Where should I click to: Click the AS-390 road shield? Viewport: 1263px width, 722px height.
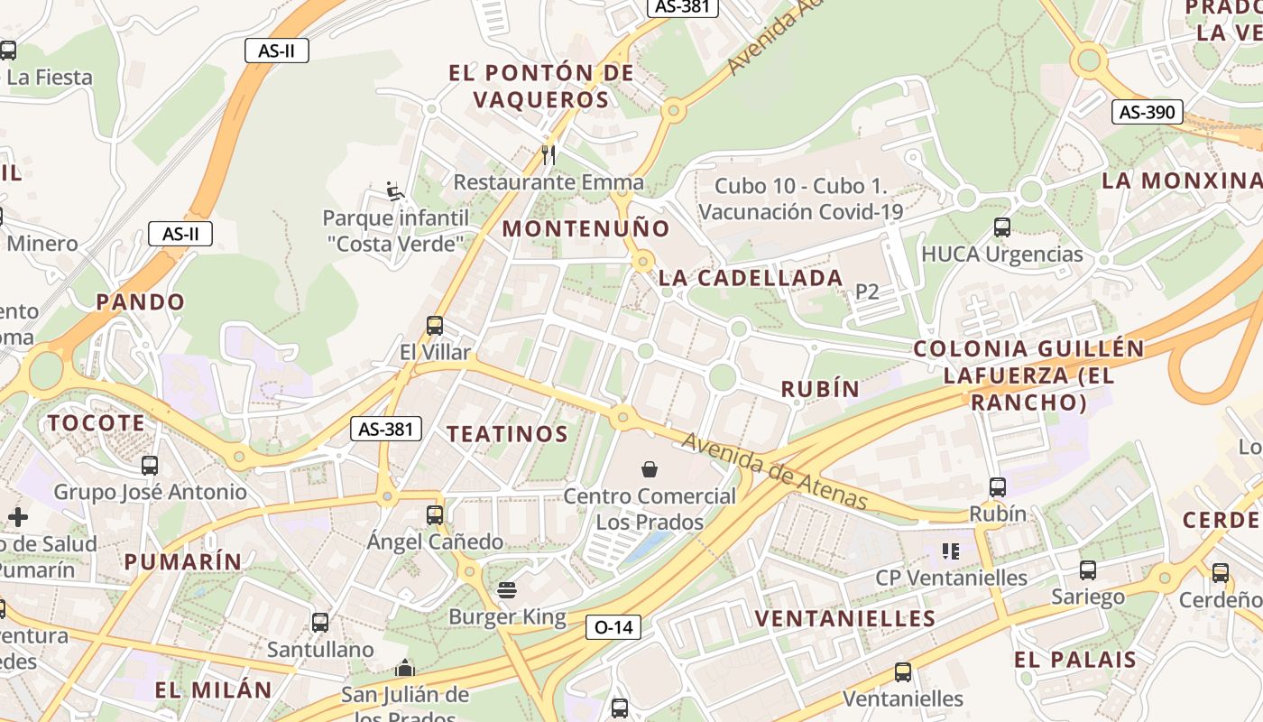coord(1147,112)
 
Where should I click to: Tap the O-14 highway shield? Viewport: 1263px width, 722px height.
coord(613,627)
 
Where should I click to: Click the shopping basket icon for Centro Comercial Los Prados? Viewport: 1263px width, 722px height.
coord(650,468)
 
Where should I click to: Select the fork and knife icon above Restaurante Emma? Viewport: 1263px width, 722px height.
coord(549,154)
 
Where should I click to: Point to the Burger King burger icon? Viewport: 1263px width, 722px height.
coord(507,590)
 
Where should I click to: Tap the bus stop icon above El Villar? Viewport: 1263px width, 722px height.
coord(435,325)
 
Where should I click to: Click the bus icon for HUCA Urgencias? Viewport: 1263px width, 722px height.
coord(1001,227)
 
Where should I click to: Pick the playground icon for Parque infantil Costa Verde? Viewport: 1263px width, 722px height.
coord(395,190)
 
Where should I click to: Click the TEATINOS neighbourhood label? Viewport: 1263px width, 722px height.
coord(508,434)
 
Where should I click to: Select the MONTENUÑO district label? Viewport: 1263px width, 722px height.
coord(586,228)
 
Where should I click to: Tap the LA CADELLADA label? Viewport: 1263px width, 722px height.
coord(751,278)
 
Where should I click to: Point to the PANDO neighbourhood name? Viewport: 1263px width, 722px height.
coord(141,301)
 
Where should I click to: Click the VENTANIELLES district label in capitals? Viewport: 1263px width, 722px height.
coord(845,618)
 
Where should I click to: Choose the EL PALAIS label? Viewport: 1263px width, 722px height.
coord(1075,659)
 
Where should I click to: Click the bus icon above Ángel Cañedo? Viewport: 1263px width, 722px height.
coord(435,514)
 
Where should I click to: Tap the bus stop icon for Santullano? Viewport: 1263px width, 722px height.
coord(320,622)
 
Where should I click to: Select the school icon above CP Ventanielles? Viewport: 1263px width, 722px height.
coord(950,551)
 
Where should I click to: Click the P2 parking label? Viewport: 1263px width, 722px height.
coord(867,291)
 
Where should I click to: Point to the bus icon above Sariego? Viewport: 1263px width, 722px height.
coord(1088,569)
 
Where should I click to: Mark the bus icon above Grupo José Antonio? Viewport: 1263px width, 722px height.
coord(150,466)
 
